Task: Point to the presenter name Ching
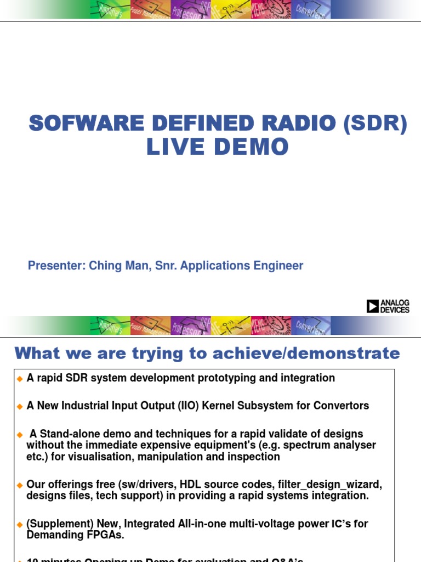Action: click(x=103, y=266)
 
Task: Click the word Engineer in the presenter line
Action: click(x=278, y=266)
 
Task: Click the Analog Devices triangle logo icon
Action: click(x=373, y=306)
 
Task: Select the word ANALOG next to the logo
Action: click(x=395, y=303)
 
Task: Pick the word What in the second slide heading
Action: click(x=37, y=353)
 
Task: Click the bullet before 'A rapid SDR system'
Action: click(x=20, y=378)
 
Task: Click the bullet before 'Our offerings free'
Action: click(x=20, y=485)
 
